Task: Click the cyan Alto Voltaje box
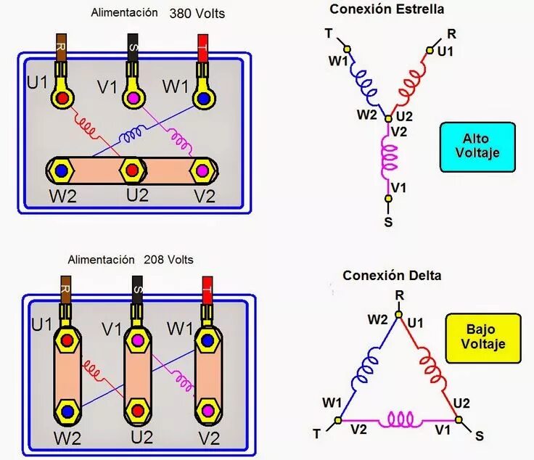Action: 477,147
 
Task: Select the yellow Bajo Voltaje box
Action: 483,337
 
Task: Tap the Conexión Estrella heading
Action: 387,9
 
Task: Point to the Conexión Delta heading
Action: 392,276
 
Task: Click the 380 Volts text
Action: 197,13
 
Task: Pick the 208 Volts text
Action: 169,259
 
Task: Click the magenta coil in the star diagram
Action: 390,155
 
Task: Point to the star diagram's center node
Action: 389,118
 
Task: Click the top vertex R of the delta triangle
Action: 398,314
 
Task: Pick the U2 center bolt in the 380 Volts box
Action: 131,171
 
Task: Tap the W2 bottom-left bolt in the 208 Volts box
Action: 67,411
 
